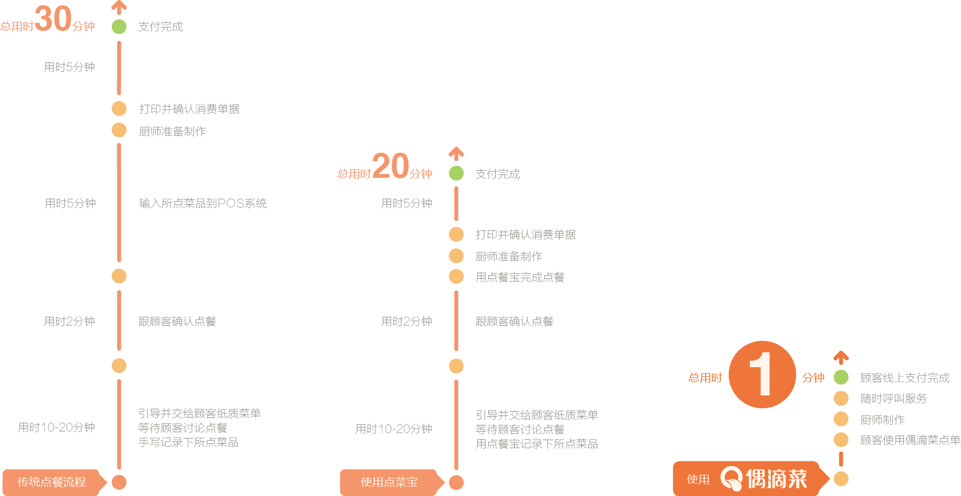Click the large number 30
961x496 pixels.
pyautogui.click(x=53, y=19)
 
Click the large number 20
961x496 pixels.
pyautogui.click(x=390, y=166)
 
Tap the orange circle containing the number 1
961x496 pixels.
pyautogui.click(x=762, y=375)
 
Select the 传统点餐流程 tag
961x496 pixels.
pyautogui.click(x=52, y=482)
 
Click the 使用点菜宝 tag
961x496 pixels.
pyautogui.click(x=389, y=482)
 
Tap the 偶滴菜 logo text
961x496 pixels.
pyautogui.click(x=776, y=478)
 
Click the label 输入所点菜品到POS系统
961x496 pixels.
pyautogui.click(x=203, y=203)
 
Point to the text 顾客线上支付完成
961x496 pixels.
pyautogui.click(x=905, y=378)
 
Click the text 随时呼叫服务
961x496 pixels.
pyautogui.click(x=893, y=399)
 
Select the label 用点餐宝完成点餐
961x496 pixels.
pyautogui.click(x=520, y=277)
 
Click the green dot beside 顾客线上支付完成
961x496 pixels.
pyautogui.click(x=841, y=377)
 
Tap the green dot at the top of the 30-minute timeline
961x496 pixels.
pyautogui.click(x=119, y=26)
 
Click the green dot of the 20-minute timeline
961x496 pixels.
pyautogui.click(x=456, y=173)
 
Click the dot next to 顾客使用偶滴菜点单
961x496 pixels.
pyautogui.click(x=841, y=440)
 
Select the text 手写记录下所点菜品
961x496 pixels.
pyautogui.click(x=188, y=442)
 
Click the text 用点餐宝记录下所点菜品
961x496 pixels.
pyautogui.click(x=536, y=444)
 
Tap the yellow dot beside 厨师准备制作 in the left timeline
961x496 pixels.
pyautogui.click(x=119, y=130)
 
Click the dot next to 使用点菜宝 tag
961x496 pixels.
pyautogui.click(x=456, y=482)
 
